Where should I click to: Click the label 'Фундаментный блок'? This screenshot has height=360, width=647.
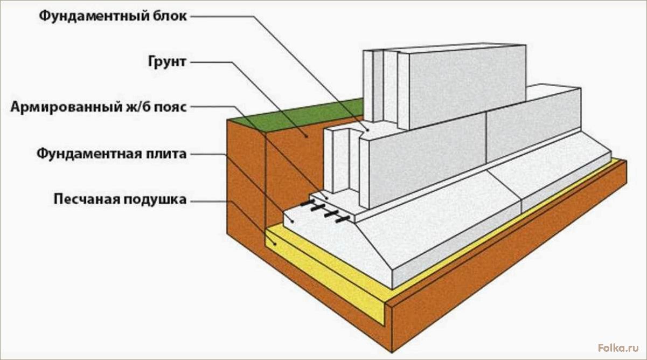pyautogui.click(x=113, y=16)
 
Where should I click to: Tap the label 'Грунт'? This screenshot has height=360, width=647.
pyautogui.click(x=167, y=62)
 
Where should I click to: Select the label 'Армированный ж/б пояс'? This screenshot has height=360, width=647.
pyautogui.click(x=99, y=107)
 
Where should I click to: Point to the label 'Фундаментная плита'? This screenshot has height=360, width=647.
pyautogui.click(x=112, y=154)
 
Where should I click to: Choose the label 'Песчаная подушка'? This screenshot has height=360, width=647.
pyautogui.click(x=120, y=199)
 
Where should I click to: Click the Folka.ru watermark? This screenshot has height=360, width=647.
pyautogui.click(x=618, y=348)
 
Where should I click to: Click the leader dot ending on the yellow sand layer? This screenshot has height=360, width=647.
pyautogui.click(x=276, y=244)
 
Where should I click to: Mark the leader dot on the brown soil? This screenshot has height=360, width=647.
pyautogui.click(x=305, y=135)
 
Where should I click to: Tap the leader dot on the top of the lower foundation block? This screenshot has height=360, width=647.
pyautogui.click(x=368, y=130)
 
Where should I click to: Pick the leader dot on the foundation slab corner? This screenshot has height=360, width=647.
pyautogui.click(x=293, y=221)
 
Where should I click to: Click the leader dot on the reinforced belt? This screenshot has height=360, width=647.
pyautogui.click(x=326, y=198)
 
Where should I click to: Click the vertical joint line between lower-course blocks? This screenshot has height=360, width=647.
pyautogui.click(x=486, y=138)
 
